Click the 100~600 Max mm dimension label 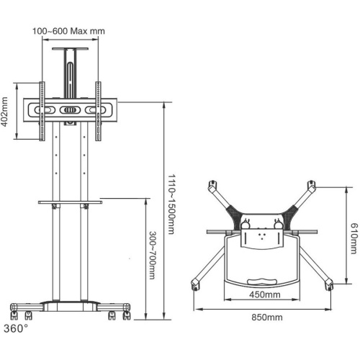point(69,32)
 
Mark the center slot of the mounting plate point(69,112)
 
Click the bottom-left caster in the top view point(195,285)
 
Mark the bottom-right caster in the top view point(330,286)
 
